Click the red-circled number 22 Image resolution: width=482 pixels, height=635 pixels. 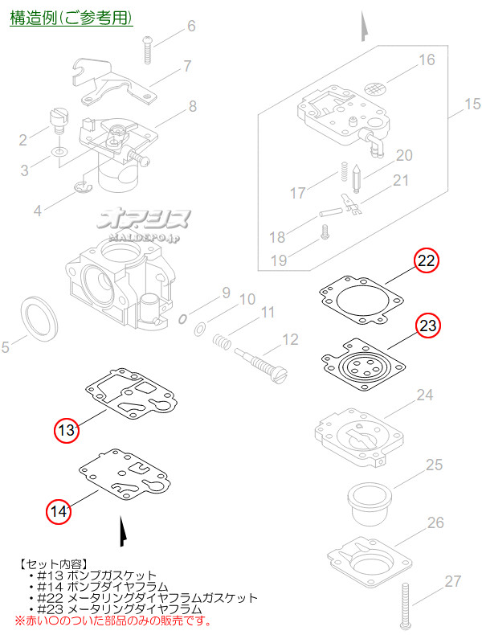[x=427, y=261]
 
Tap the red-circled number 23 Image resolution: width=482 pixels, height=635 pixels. [x=427, y=326]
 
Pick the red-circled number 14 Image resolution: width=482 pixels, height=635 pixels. [x=58, y=510]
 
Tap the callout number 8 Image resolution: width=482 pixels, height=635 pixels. [x=193, y=105]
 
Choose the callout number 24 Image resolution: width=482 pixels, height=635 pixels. [x=425, y=395]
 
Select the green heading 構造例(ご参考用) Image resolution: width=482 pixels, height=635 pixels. [x=71, y=17]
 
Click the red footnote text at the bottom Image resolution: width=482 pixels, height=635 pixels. [x=113, y=621]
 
